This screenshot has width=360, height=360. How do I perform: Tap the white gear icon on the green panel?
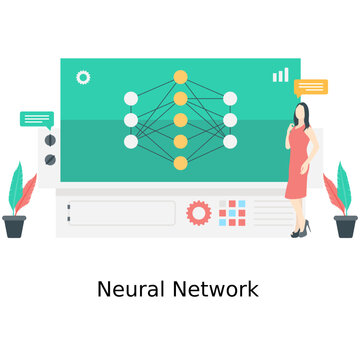click(x=83, y=76)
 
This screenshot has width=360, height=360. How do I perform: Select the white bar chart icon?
click(x=280, y=75)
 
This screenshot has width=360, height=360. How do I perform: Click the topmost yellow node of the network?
click(x=180, y=76)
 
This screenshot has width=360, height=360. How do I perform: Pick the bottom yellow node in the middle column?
click(x=180, y=162)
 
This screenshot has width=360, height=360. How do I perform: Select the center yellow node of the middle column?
click(x=180, y=119)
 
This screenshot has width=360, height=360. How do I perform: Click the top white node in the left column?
click(x=131, y=98)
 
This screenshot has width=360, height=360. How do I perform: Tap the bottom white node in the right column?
click(x=230, y=141)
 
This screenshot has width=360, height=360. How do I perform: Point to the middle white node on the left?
click(x=131, y=120)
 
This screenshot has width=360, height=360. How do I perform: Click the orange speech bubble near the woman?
click(x=311, y=87)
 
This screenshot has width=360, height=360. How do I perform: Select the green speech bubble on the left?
click(x=37, y=119)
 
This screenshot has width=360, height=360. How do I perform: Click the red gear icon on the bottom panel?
click(x=199, y=212)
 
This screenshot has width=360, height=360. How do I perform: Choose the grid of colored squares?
click(x=232, y=213)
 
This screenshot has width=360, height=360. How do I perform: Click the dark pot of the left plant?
click(x=15, y=226)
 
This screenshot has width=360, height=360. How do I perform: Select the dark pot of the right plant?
click(x=345, y=226)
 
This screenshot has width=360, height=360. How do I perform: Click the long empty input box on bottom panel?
click(x=121, y=213)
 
